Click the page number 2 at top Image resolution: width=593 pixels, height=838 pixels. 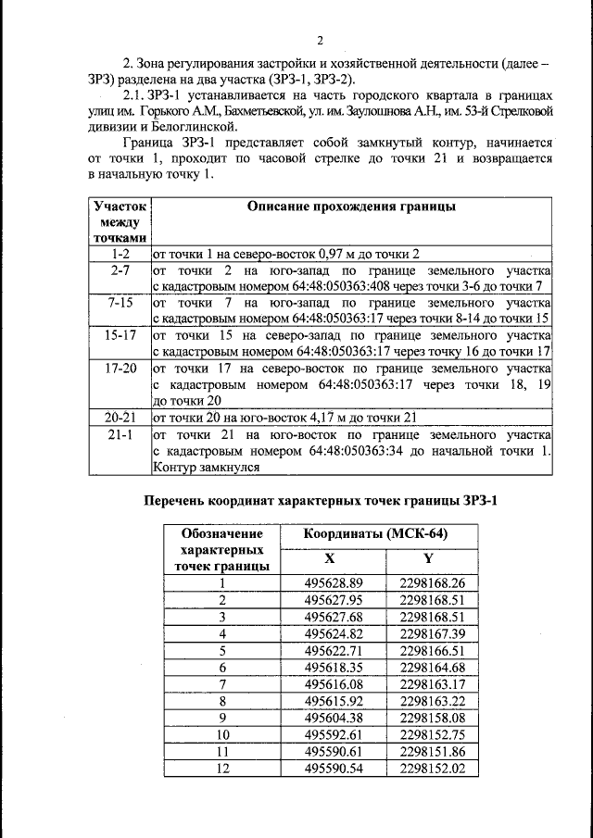coord(319,41)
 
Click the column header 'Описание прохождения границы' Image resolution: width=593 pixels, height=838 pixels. coord(352,206)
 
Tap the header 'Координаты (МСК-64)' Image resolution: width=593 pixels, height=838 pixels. coord(378,534)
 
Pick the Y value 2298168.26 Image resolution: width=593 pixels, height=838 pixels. coord(431,582)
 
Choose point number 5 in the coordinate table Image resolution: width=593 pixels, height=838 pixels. coord(222,650)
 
